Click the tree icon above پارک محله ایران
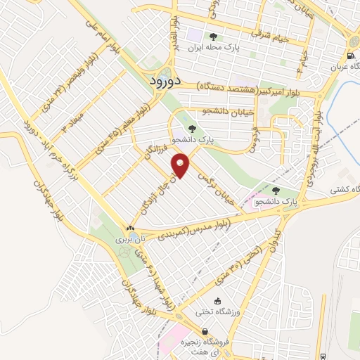[x=213, y=36]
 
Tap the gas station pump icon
[x=350, y=57]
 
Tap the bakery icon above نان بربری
[x=130, y=229]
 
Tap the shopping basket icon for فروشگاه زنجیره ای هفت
[x=204, y=332]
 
